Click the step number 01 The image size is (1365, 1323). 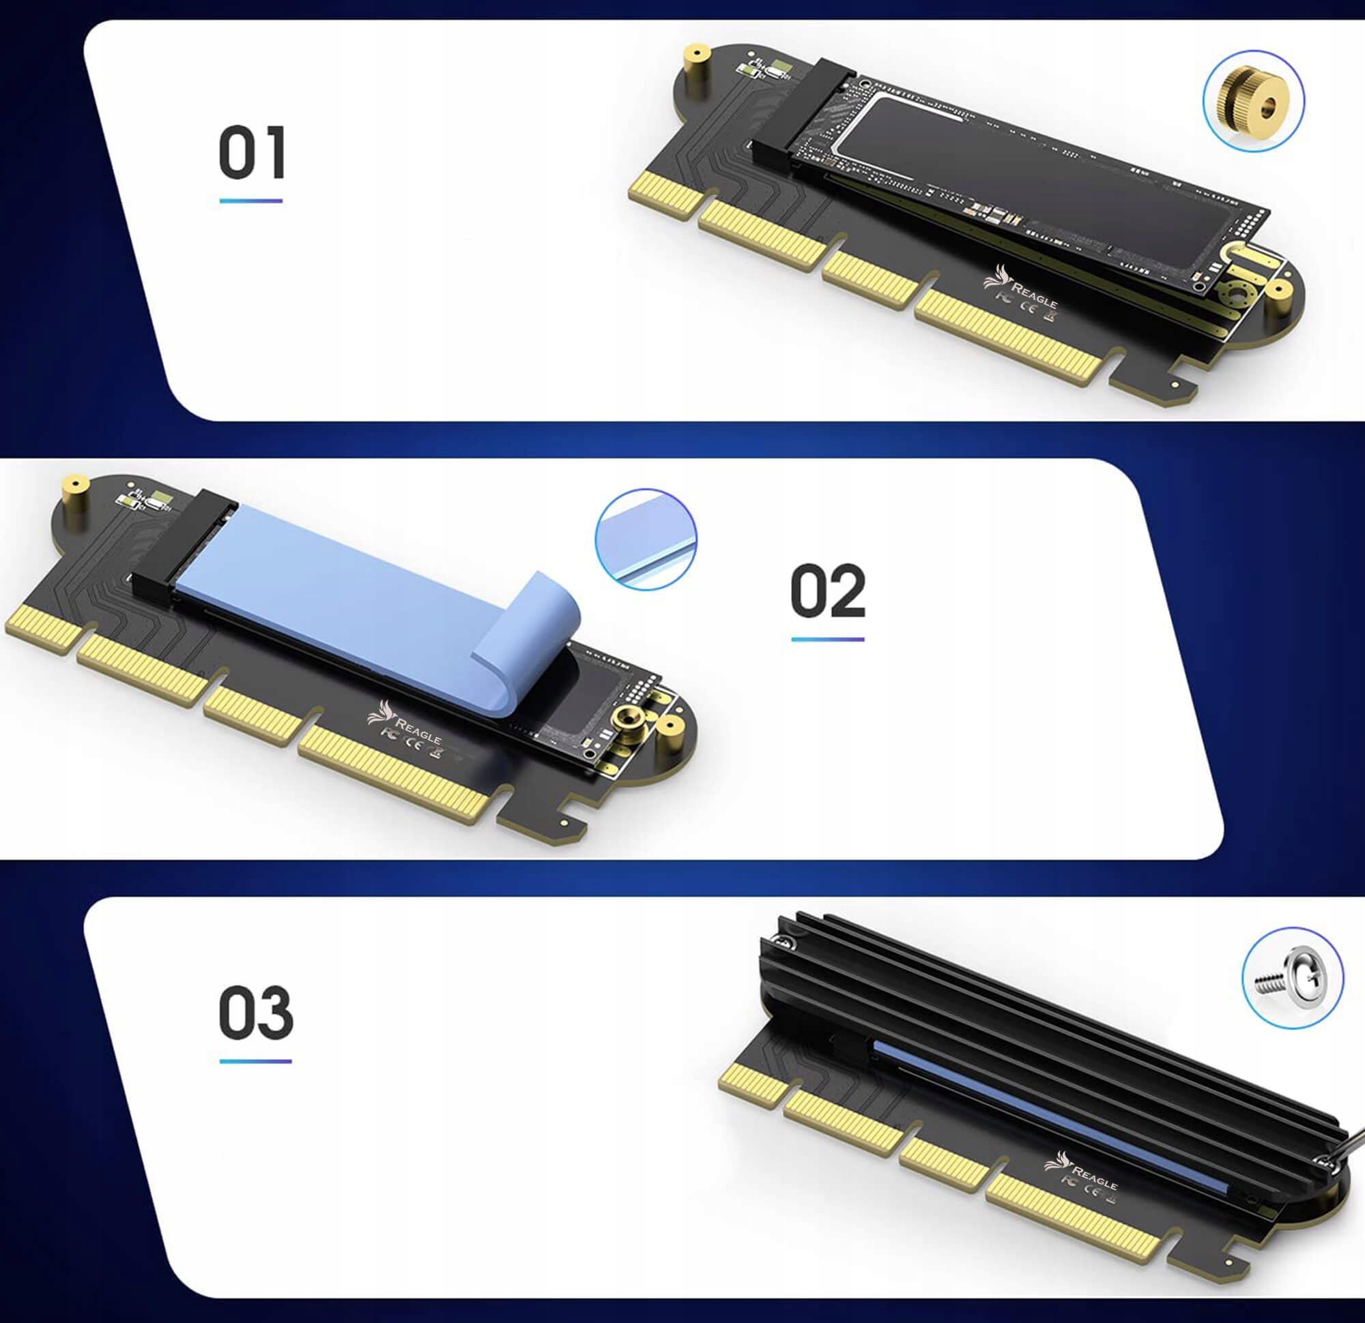coord(251,153)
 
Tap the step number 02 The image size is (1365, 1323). coord(828,591)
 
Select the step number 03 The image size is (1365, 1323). coord(255,1013)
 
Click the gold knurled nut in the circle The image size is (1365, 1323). coord(1253,101)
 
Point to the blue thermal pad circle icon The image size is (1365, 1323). coord(646,539)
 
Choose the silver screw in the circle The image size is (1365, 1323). coord(1292,977)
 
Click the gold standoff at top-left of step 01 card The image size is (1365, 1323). coord(695,70)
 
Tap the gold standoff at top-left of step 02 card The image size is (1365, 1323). coord(74,496)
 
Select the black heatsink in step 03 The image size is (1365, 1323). coord(1045,1023)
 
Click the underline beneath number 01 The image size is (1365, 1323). coord(250,200)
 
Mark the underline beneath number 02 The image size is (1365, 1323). coord(827,639)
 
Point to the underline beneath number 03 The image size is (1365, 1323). coord(255,1061)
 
